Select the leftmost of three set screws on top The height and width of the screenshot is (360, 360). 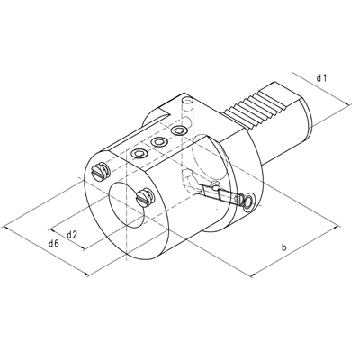(139, 155)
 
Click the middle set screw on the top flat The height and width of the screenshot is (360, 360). (159, 142)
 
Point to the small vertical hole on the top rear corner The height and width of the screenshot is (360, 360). (186, 99)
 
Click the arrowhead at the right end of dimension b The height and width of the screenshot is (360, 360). (339, 225)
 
